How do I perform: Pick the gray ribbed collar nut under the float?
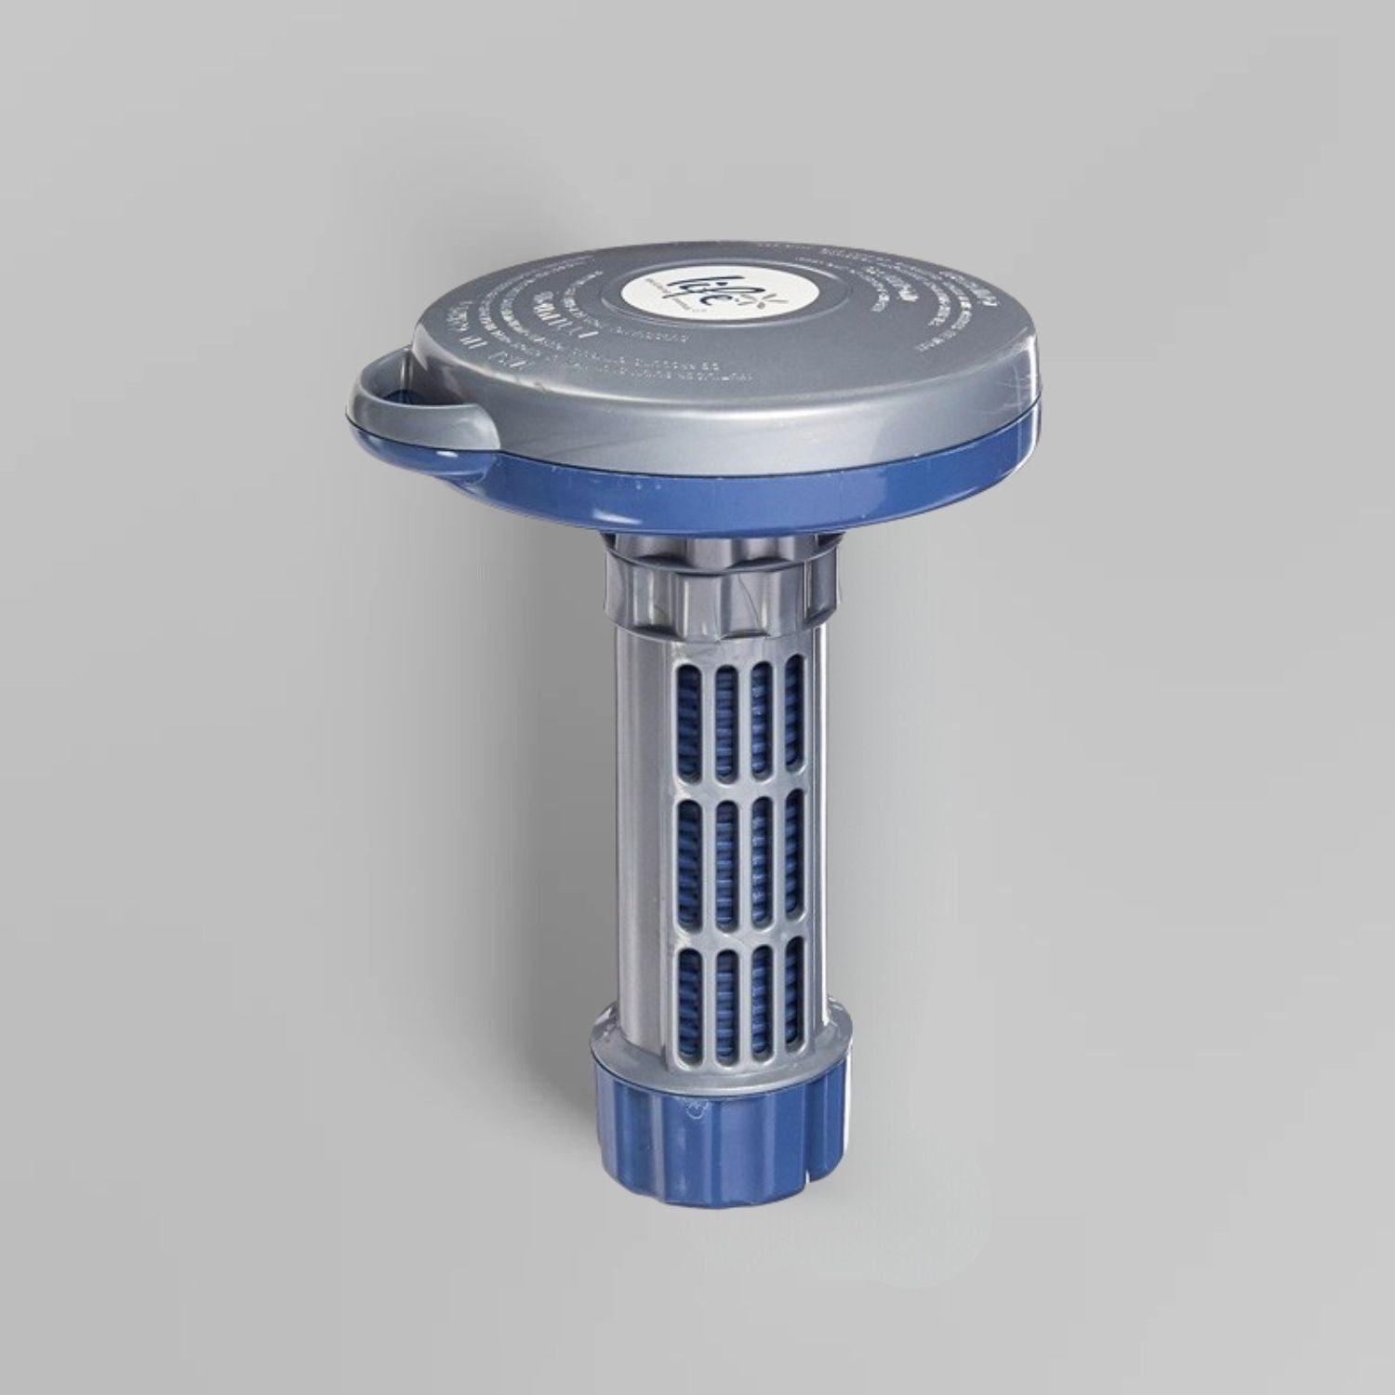tap(712, 581)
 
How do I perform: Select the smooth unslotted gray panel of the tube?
tap(642, 837)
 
